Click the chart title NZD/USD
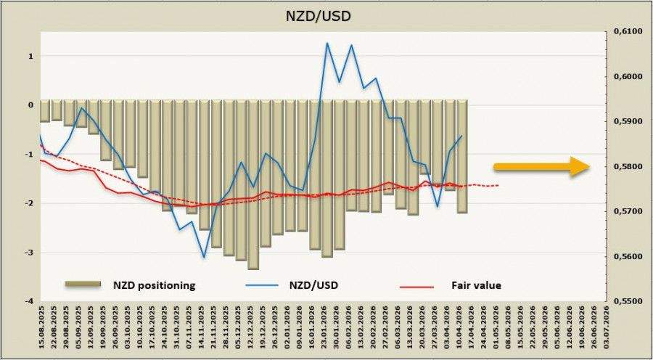tap(326, 15)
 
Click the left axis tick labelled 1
tap(30, 56)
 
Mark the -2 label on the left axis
tap(28, 203)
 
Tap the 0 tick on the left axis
tap(30, 105)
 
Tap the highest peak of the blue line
tap(326, 43)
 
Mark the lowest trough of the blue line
tap(204, 257)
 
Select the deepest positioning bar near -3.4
tap(253, 184)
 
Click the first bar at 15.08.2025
tap(45, 111)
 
